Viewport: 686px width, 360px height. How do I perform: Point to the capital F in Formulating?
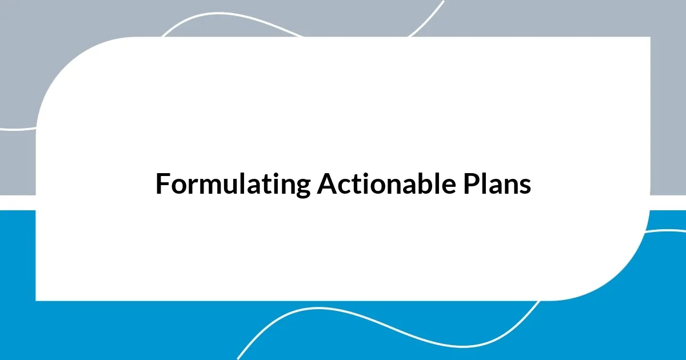pyautogui.click(x=162, y=185)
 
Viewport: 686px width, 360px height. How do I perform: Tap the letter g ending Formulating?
pyautogui.click(x=304, y=187)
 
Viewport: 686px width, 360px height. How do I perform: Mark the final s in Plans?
pyautogui.click(x=526, y=186)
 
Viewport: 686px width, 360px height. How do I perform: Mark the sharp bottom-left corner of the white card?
pyautogui.click(x=37, y=299)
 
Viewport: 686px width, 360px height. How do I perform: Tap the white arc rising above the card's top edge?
pyautogui.click(x=229, y=17)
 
